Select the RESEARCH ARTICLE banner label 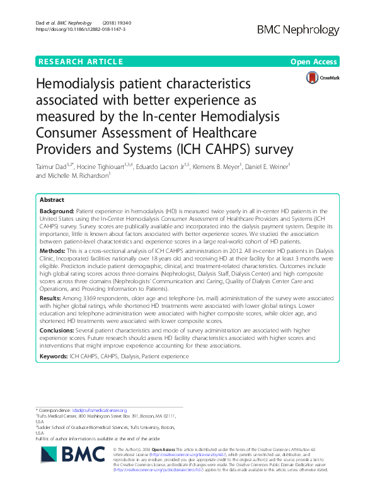(81, 62)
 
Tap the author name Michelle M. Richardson (81, 176)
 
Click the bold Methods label (54, 250)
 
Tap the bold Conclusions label (60, 329)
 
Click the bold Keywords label (57, 356)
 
